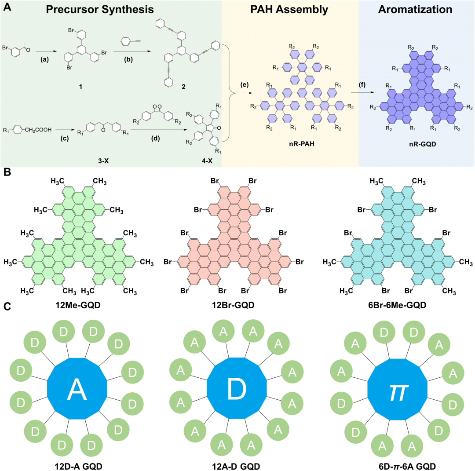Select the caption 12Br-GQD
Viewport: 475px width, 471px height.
click(237, 303)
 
